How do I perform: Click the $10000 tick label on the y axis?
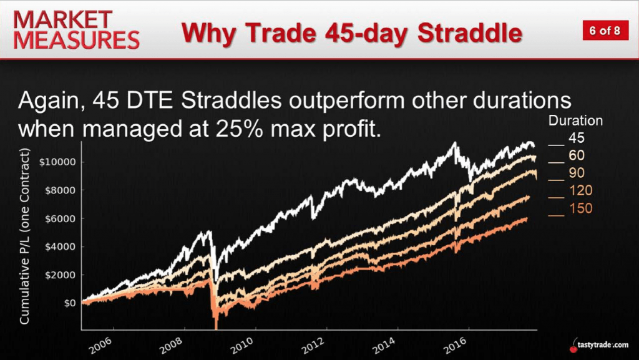[x=57, y=162]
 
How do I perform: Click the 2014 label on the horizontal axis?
[x=384, y=346]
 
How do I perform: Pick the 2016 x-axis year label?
[x=455, y=346]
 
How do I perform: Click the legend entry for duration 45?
[x=567, y=139]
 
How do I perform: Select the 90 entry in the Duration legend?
[x=567, y=173]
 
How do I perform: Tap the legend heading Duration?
[x=575, y=120]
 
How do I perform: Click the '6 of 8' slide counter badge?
[x=604, y=31]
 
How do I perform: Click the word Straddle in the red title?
[x=470, y=33]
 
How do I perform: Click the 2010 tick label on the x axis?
[x=243, y=346]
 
